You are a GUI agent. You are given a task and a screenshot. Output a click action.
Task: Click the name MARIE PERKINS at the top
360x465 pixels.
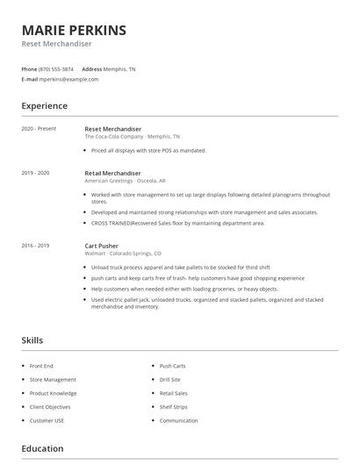[x=74, y=31]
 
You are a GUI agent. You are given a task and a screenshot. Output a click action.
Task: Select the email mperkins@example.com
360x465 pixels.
[x=69, y=79]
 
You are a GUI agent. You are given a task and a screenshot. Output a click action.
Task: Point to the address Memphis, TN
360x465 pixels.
[x=120, y=68]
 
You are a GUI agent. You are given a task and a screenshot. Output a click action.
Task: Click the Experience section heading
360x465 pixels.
[x=44, y=106]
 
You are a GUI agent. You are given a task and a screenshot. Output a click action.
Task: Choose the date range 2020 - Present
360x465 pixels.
[x=39, y=129]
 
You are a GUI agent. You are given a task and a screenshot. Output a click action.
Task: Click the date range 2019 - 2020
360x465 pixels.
[x=35, y=174]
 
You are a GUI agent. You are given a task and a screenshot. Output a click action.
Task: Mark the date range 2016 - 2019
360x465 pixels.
[x=35, y=246]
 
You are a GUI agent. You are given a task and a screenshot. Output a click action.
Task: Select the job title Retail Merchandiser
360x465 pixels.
[x=112, y=174]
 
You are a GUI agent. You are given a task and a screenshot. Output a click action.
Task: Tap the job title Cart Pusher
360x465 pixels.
[x=103, y=246]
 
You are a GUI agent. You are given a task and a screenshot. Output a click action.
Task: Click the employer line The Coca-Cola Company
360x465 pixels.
[x=132, y=137]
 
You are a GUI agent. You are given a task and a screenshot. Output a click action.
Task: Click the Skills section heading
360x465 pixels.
[x=32, y=340]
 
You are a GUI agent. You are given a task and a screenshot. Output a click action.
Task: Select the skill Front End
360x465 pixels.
[x=41, y=366]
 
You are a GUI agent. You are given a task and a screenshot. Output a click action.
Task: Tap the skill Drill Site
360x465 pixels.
[x=171, y=380]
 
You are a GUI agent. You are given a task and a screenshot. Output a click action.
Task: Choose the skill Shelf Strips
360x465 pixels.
[x=173, y=407]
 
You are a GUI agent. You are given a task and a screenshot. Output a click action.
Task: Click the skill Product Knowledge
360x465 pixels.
[x=53, y=393]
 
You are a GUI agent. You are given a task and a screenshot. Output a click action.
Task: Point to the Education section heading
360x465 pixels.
[x=42, y=449]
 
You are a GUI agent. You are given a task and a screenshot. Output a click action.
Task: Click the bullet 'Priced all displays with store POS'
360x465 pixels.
[x=148, y=151]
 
